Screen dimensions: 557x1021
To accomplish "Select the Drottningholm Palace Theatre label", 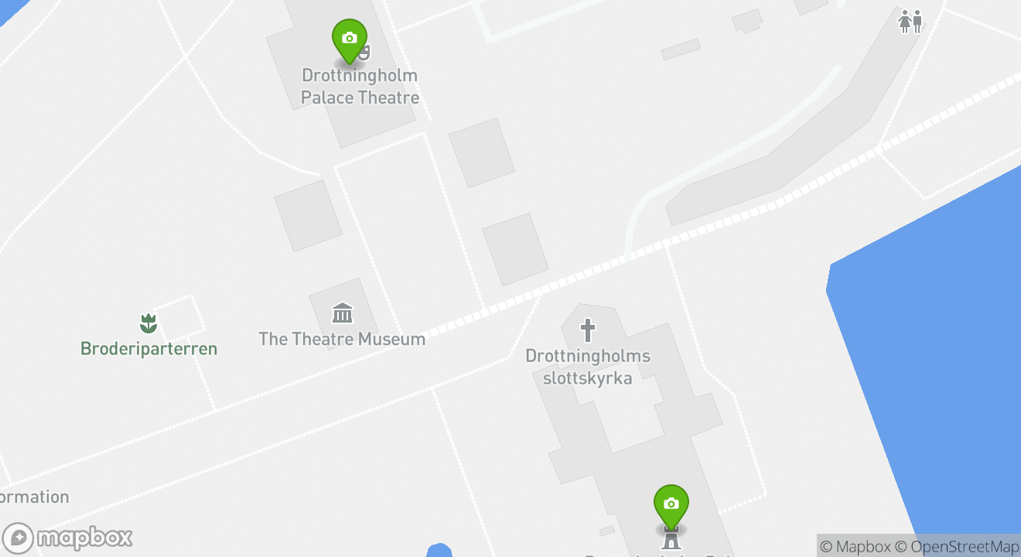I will coord(360,87).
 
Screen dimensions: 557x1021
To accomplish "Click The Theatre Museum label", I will coord(342,339).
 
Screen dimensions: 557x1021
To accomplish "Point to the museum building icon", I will coord(342,313).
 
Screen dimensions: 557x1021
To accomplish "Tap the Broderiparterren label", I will coord(149,348).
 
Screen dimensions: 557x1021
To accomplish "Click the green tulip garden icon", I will coord(148,323).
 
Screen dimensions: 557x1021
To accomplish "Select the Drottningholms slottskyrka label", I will coord(588,367).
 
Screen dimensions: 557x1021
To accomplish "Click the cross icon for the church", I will coord(588,331).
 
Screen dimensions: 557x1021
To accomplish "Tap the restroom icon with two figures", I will coord(910,22).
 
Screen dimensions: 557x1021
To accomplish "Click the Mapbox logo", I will coord(68,538).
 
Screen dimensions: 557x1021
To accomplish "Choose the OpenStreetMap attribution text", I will coord(965,546).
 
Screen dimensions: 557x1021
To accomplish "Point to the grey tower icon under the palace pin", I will coord(671,536).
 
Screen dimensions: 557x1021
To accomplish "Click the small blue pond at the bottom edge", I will coord(439,551).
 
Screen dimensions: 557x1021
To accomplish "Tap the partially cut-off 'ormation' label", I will coord(34,497).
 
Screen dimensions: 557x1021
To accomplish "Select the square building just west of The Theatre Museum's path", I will coord(308,215).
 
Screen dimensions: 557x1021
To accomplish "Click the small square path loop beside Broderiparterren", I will coord(183,313).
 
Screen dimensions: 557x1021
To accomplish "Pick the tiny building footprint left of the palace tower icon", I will coord(607,531).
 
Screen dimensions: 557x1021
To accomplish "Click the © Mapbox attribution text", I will coord(855,546).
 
